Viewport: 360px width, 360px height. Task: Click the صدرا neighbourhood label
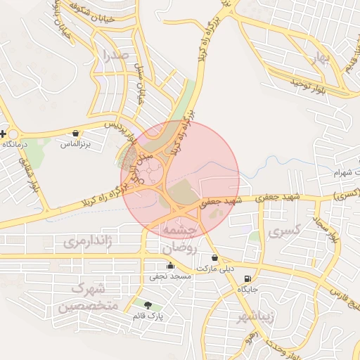(x=115, y=54)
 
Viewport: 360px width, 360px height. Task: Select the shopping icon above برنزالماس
(x=75, y=133)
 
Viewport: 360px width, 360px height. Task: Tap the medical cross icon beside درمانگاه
(x=4, y=134)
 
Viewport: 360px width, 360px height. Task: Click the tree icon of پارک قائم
(x=147, y=305)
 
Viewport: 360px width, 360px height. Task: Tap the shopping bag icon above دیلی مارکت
(x=233, y=258)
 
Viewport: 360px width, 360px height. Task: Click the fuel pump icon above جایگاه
(x=247, y=279)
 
